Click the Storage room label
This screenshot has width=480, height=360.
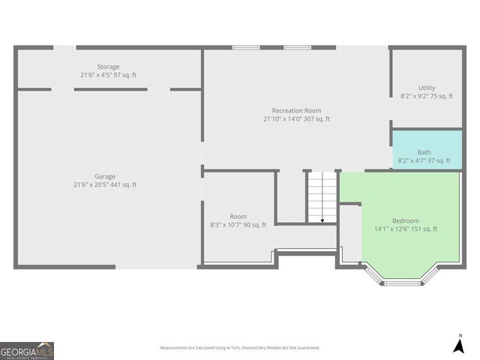pos(108,67)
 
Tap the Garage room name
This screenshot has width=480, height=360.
pos(105,176)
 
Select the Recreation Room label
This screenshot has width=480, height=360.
pos(296,110)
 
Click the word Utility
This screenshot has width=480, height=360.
pos(427,88)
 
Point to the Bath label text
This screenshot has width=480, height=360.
pos(424,152)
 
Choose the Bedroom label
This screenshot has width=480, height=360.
pos(406,220)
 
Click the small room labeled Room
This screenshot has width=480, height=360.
pos(238,217)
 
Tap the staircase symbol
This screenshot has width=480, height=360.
pos(322,196)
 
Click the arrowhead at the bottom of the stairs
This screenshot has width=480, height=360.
pos(322,220)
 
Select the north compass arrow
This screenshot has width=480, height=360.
pos(459,344)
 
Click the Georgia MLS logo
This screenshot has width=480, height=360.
pos(27,351)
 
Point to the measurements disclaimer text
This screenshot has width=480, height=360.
pos(240,348)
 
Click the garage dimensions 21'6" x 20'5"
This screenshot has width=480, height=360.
pos(90,184)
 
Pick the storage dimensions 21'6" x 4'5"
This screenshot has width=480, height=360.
pos(96,75)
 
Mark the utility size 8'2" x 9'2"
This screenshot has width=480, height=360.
pos(415,97)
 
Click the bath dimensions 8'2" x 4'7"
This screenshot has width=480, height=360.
pos(414,160)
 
